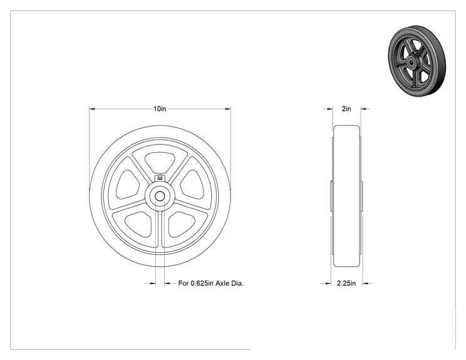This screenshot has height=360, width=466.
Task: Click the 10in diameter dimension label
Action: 160,109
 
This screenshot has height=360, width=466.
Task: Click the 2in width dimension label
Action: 346,109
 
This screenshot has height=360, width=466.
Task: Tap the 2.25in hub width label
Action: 346,284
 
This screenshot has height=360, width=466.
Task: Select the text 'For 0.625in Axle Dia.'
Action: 210,284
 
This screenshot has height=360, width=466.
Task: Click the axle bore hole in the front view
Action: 160,196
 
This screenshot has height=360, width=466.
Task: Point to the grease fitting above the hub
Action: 160,178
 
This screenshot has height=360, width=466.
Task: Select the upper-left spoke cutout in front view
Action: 128,185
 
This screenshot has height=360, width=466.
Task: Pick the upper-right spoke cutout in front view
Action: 192,185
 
